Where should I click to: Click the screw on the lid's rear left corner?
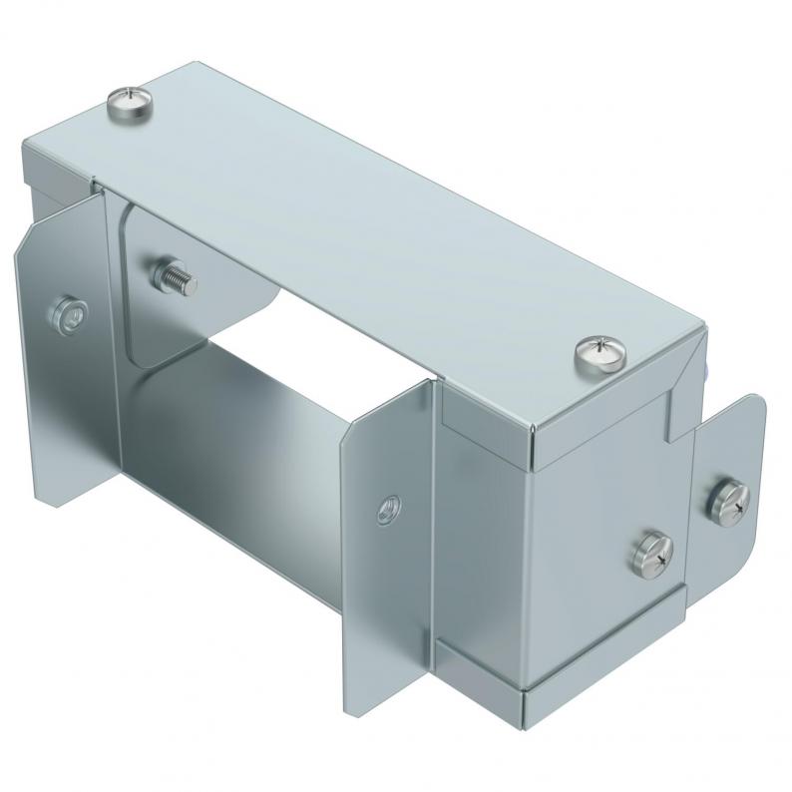(131, 100)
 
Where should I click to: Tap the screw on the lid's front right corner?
(599, 354)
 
